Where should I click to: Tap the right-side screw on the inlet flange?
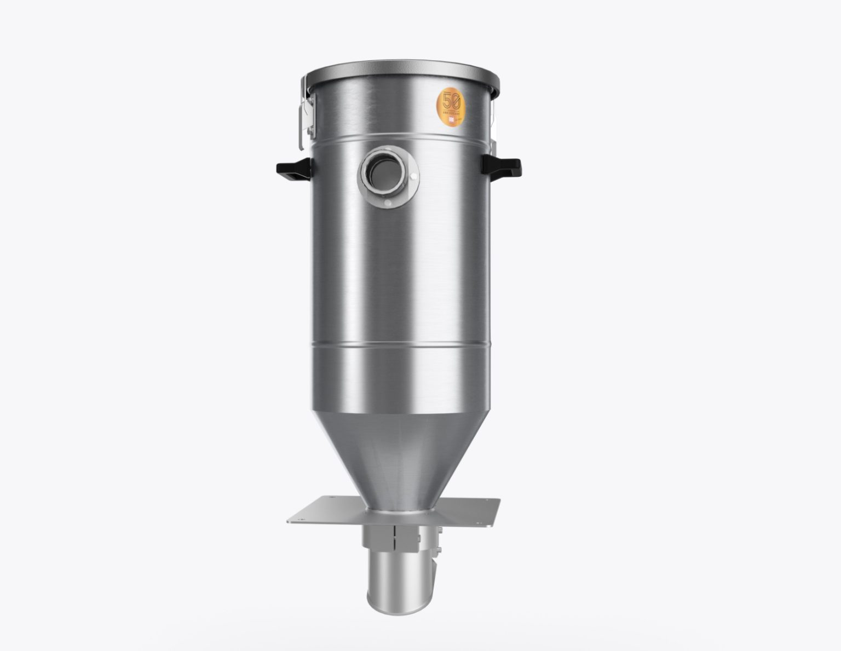click(413, 176)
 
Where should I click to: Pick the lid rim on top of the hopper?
click(400, 81)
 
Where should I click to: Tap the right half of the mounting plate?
click(465, 512)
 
